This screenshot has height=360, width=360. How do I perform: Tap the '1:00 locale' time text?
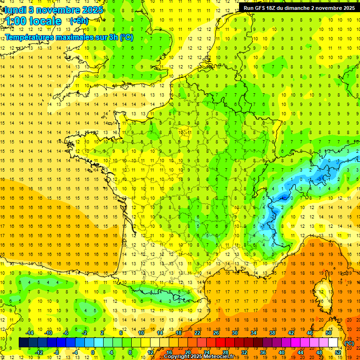(33, 21)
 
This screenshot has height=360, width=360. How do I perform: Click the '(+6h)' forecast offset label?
(78, 21)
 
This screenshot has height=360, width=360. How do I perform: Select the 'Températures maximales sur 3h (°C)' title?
(69, 37)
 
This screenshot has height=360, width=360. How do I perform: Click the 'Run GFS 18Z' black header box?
(299, 7)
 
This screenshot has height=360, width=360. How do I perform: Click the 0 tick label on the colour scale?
(93, 352)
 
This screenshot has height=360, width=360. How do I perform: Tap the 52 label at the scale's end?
(337, 352)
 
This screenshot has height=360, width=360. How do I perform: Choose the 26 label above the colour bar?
(216, 333)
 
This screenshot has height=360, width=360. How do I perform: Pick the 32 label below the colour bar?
(243, 352)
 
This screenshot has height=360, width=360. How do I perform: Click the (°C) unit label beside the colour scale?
(349, 343)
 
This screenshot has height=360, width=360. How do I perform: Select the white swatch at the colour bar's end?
(333, 343)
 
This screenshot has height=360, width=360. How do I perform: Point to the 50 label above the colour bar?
(328, 333)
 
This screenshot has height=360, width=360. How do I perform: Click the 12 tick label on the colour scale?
(150, 352)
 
